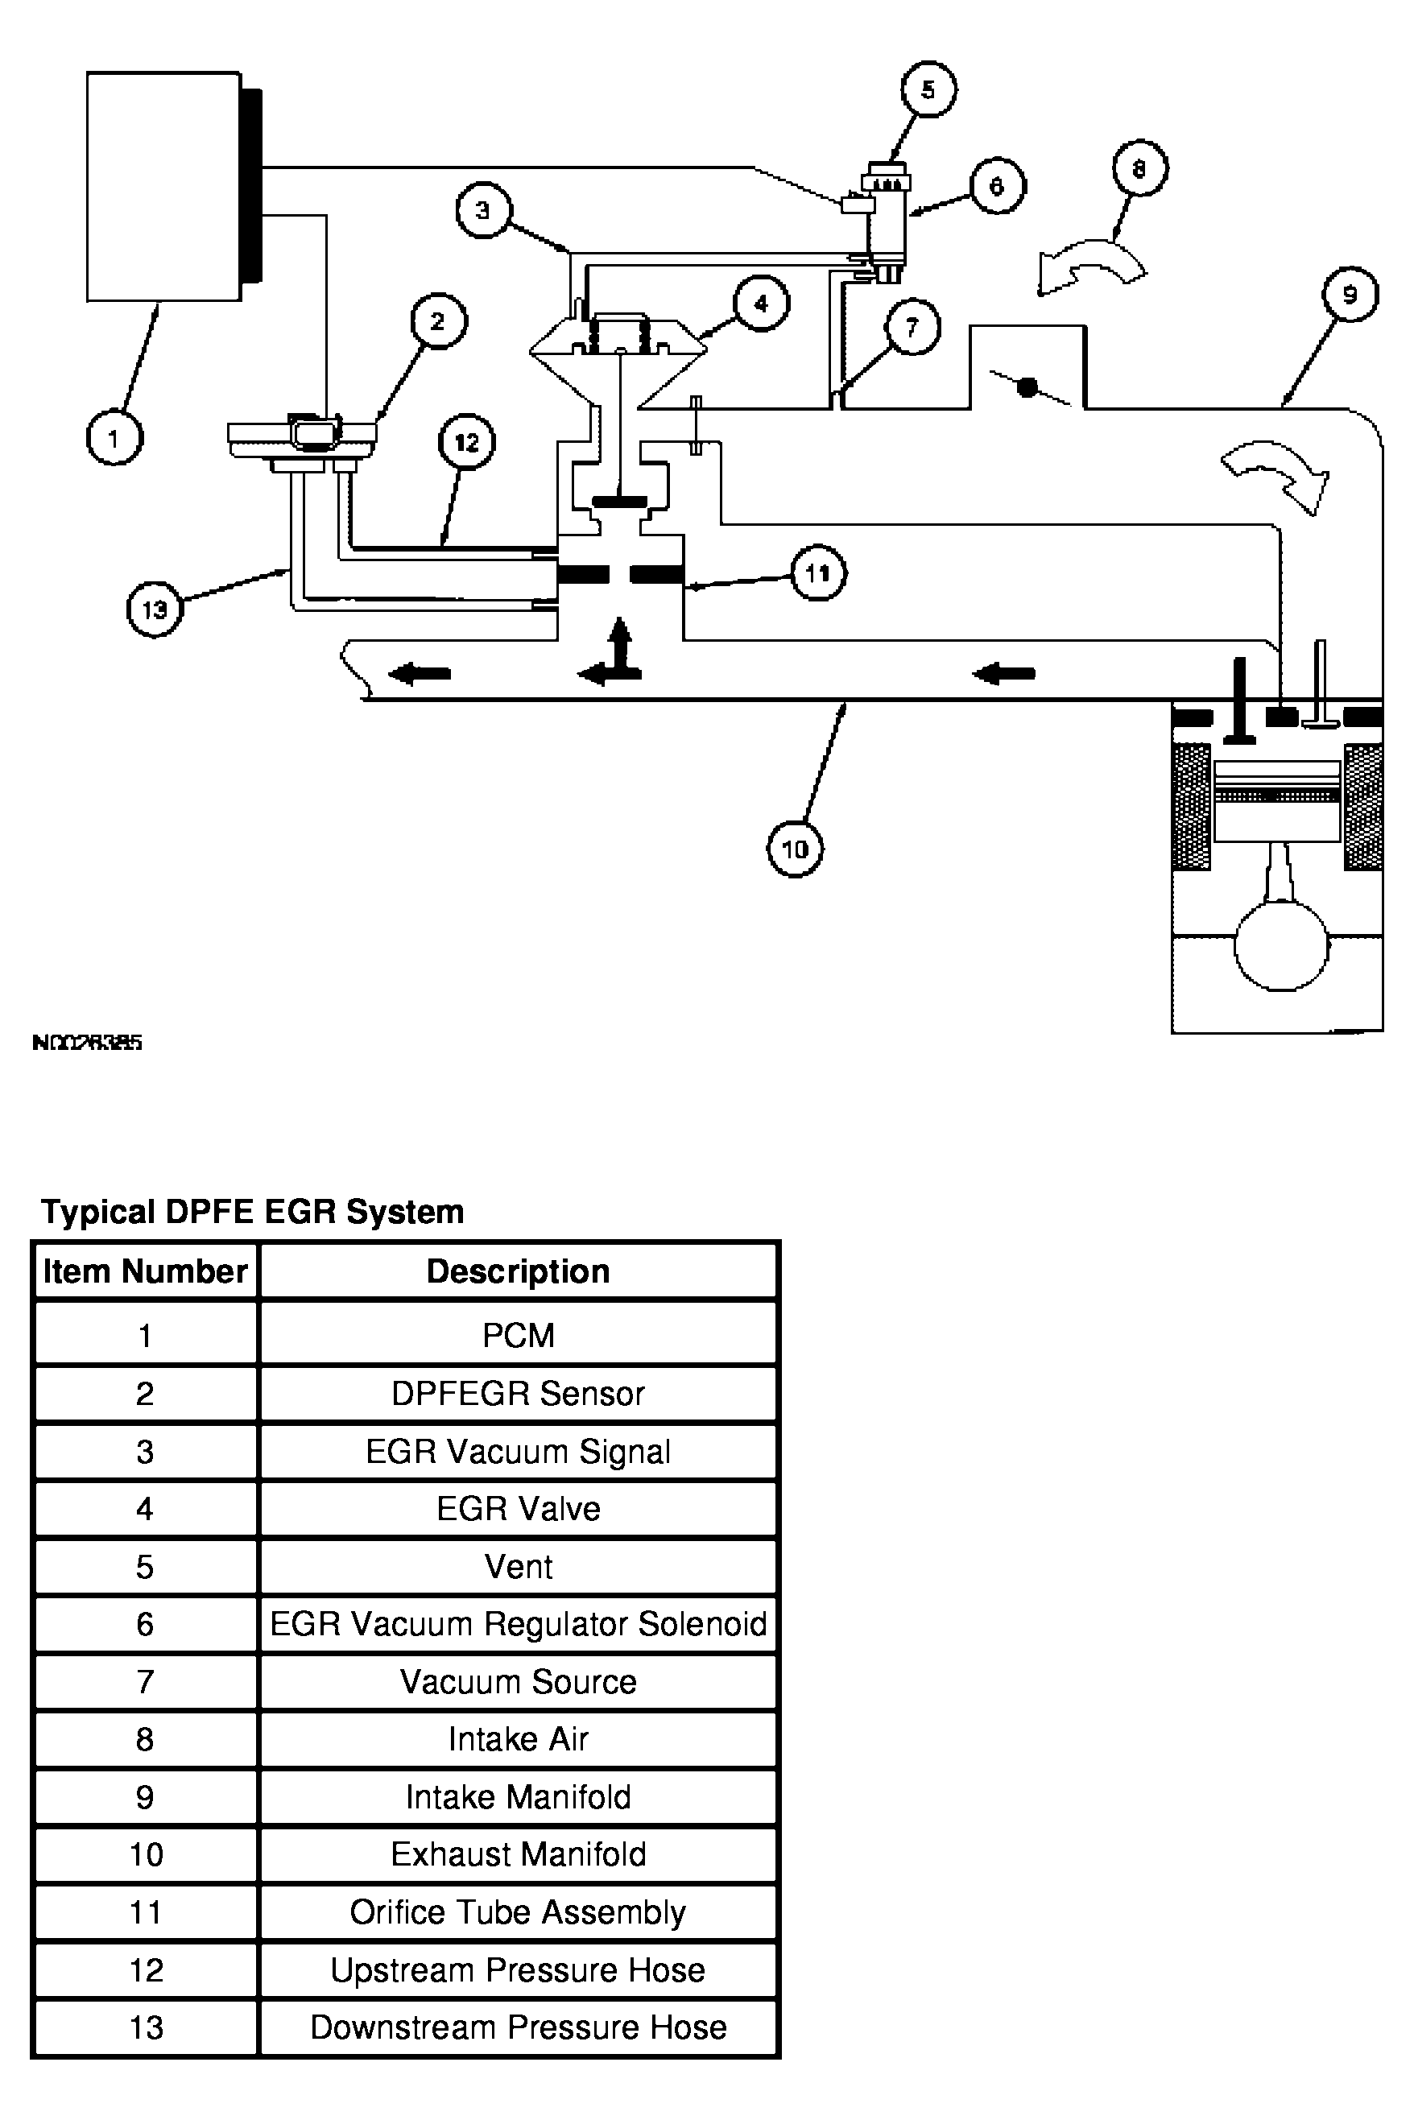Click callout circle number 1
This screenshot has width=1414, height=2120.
(x=114, y=438)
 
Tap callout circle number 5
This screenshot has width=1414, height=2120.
(x=928, y=89)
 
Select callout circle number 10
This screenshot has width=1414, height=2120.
(x=794, y=849)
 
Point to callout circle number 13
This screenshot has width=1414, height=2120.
(x=155, y=610)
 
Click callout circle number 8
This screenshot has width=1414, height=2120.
(x=1139, y=168)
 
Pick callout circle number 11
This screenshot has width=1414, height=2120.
(x=818, y=572)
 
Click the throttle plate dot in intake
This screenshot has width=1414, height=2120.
(x=1026, y=388)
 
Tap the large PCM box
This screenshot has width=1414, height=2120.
(x=163, y=186)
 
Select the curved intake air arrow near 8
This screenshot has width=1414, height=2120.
(x=1090, y=263)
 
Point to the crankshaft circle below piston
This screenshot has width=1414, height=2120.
(x=1280, y=944)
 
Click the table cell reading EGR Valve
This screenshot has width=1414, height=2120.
(x=518, y=1509)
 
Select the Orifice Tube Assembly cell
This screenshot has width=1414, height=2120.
(x=518, y=1912)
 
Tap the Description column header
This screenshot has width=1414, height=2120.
(x=518, y=1271)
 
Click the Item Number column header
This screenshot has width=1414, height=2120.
(x=145, y=1271)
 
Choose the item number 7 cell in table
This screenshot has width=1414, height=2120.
(x=145, y=1682)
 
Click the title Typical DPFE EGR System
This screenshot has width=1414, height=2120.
(x=253, y=1211)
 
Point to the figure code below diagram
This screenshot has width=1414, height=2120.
(x=88, y=1043)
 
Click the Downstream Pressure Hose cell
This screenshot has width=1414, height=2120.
(x=518, y=2028)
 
